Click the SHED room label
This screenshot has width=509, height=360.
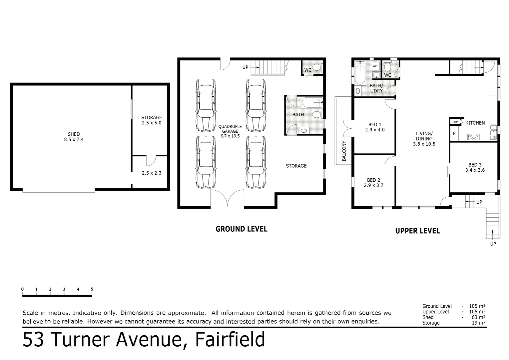pyautogui.click(x=74, y=134)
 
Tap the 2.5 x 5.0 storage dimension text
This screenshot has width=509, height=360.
pyautogui.click(x=152, y=123)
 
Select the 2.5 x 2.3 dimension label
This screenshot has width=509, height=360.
pyautogui.click(x=152, y=173)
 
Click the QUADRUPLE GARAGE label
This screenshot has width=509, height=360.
pyautogui.click(x=230, y=129)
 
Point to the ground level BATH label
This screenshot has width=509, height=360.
pyautogui.click(x=298, y=115)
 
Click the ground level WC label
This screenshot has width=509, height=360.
pyautogui.click(x=308, y=70)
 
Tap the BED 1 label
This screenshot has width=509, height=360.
pyautogui.click(x=375, y=125)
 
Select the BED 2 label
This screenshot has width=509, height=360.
pyautogui.click(x=373, y=180)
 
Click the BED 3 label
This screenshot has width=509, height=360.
pyautogui.click(x=475, y=165)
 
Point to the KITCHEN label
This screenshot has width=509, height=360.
pyautogui.click(x=475, y=123)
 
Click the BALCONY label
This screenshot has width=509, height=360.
pyautogui.click(x=344, y=151)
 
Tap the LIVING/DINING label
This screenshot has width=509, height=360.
pyautogui.click(x=424, y=136)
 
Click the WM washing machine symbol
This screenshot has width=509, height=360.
pyautogui.click(x=375, y=66)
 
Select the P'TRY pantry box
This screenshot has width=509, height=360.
pyautogui.click(x=455, y=122)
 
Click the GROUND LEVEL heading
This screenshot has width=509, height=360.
pyautogui.click(x=242, y=229)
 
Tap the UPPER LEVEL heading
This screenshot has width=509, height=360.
pyautogui.click(x=417, y=231)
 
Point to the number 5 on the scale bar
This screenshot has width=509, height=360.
pyautogui.click(x=92, y=289)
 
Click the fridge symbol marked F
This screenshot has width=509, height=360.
pyautogui.click(x=454, y=134)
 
